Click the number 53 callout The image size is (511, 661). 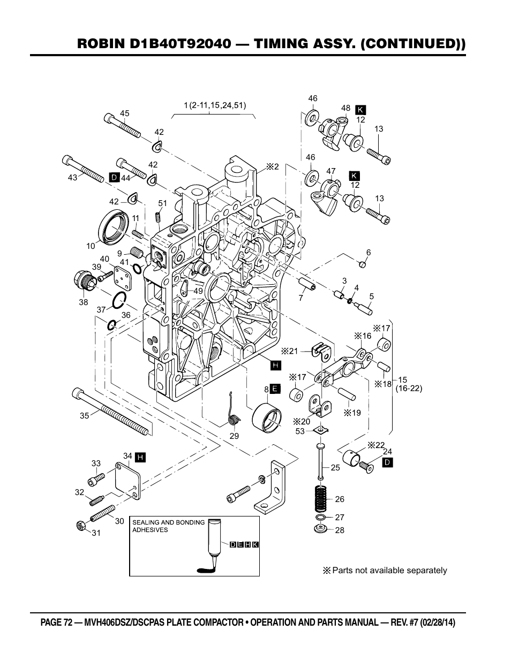[300, 431]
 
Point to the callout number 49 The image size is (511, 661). [198, 291]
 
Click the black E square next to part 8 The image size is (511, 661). [274, 389]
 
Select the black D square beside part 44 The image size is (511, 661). [114, 177]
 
